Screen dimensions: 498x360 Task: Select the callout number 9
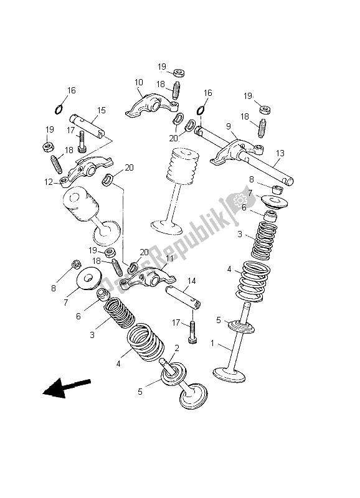point(229,126)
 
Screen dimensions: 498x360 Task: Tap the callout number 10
point(138,82)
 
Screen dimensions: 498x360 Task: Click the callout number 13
point(280,153)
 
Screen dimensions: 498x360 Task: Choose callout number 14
point(191,281)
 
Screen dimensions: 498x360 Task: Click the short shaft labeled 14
point(182,296)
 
